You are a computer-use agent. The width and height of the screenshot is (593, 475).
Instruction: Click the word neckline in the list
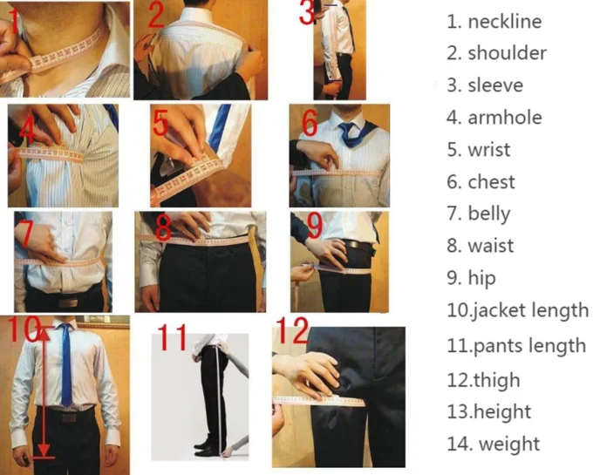[x=503, y=22]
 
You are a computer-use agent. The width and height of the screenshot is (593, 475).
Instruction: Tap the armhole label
[x=504, y=118]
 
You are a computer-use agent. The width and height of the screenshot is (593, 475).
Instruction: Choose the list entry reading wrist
[x=488, y=150]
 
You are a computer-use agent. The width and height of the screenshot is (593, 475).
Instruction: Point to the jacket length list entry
[x=528, y=310]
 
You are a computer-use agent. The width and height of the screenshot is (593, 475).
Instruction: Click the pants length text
[x=528, y=346]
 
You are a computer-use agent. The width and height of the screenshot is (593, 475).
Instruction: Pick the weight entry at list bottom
[x=508, y=444]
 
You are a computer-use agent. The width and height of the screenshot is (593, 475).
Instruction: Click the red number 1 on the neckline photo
[x=12, y=16]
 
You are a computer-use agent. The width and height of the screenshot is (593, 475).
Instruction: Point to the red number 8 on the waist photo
[x=163, y=228]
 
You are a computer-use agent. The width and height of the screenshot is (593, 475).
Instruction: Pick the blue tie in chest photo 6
[x=351, y=133]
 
